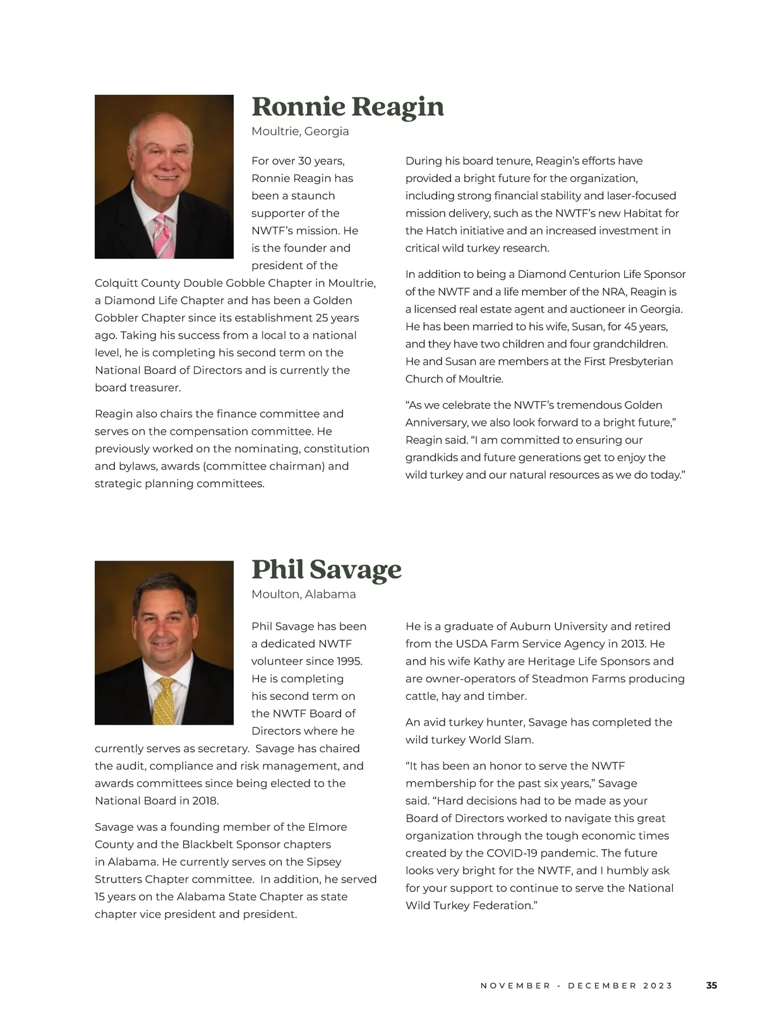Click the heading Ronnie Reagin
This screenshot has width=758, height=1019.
[x=347, y=107]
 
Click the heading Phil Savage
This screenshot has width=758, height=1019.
[x=326, y=569]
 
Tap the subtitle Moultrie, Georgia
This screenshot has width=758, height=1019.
[x=300, y=131]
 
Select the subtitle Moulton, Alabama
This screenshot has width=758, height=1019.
[x=303, y=594]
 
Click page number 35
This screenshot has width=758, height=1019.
[x=711, y=986]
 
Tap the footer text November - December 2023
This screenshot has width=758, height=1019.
[x=577, y=986]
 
